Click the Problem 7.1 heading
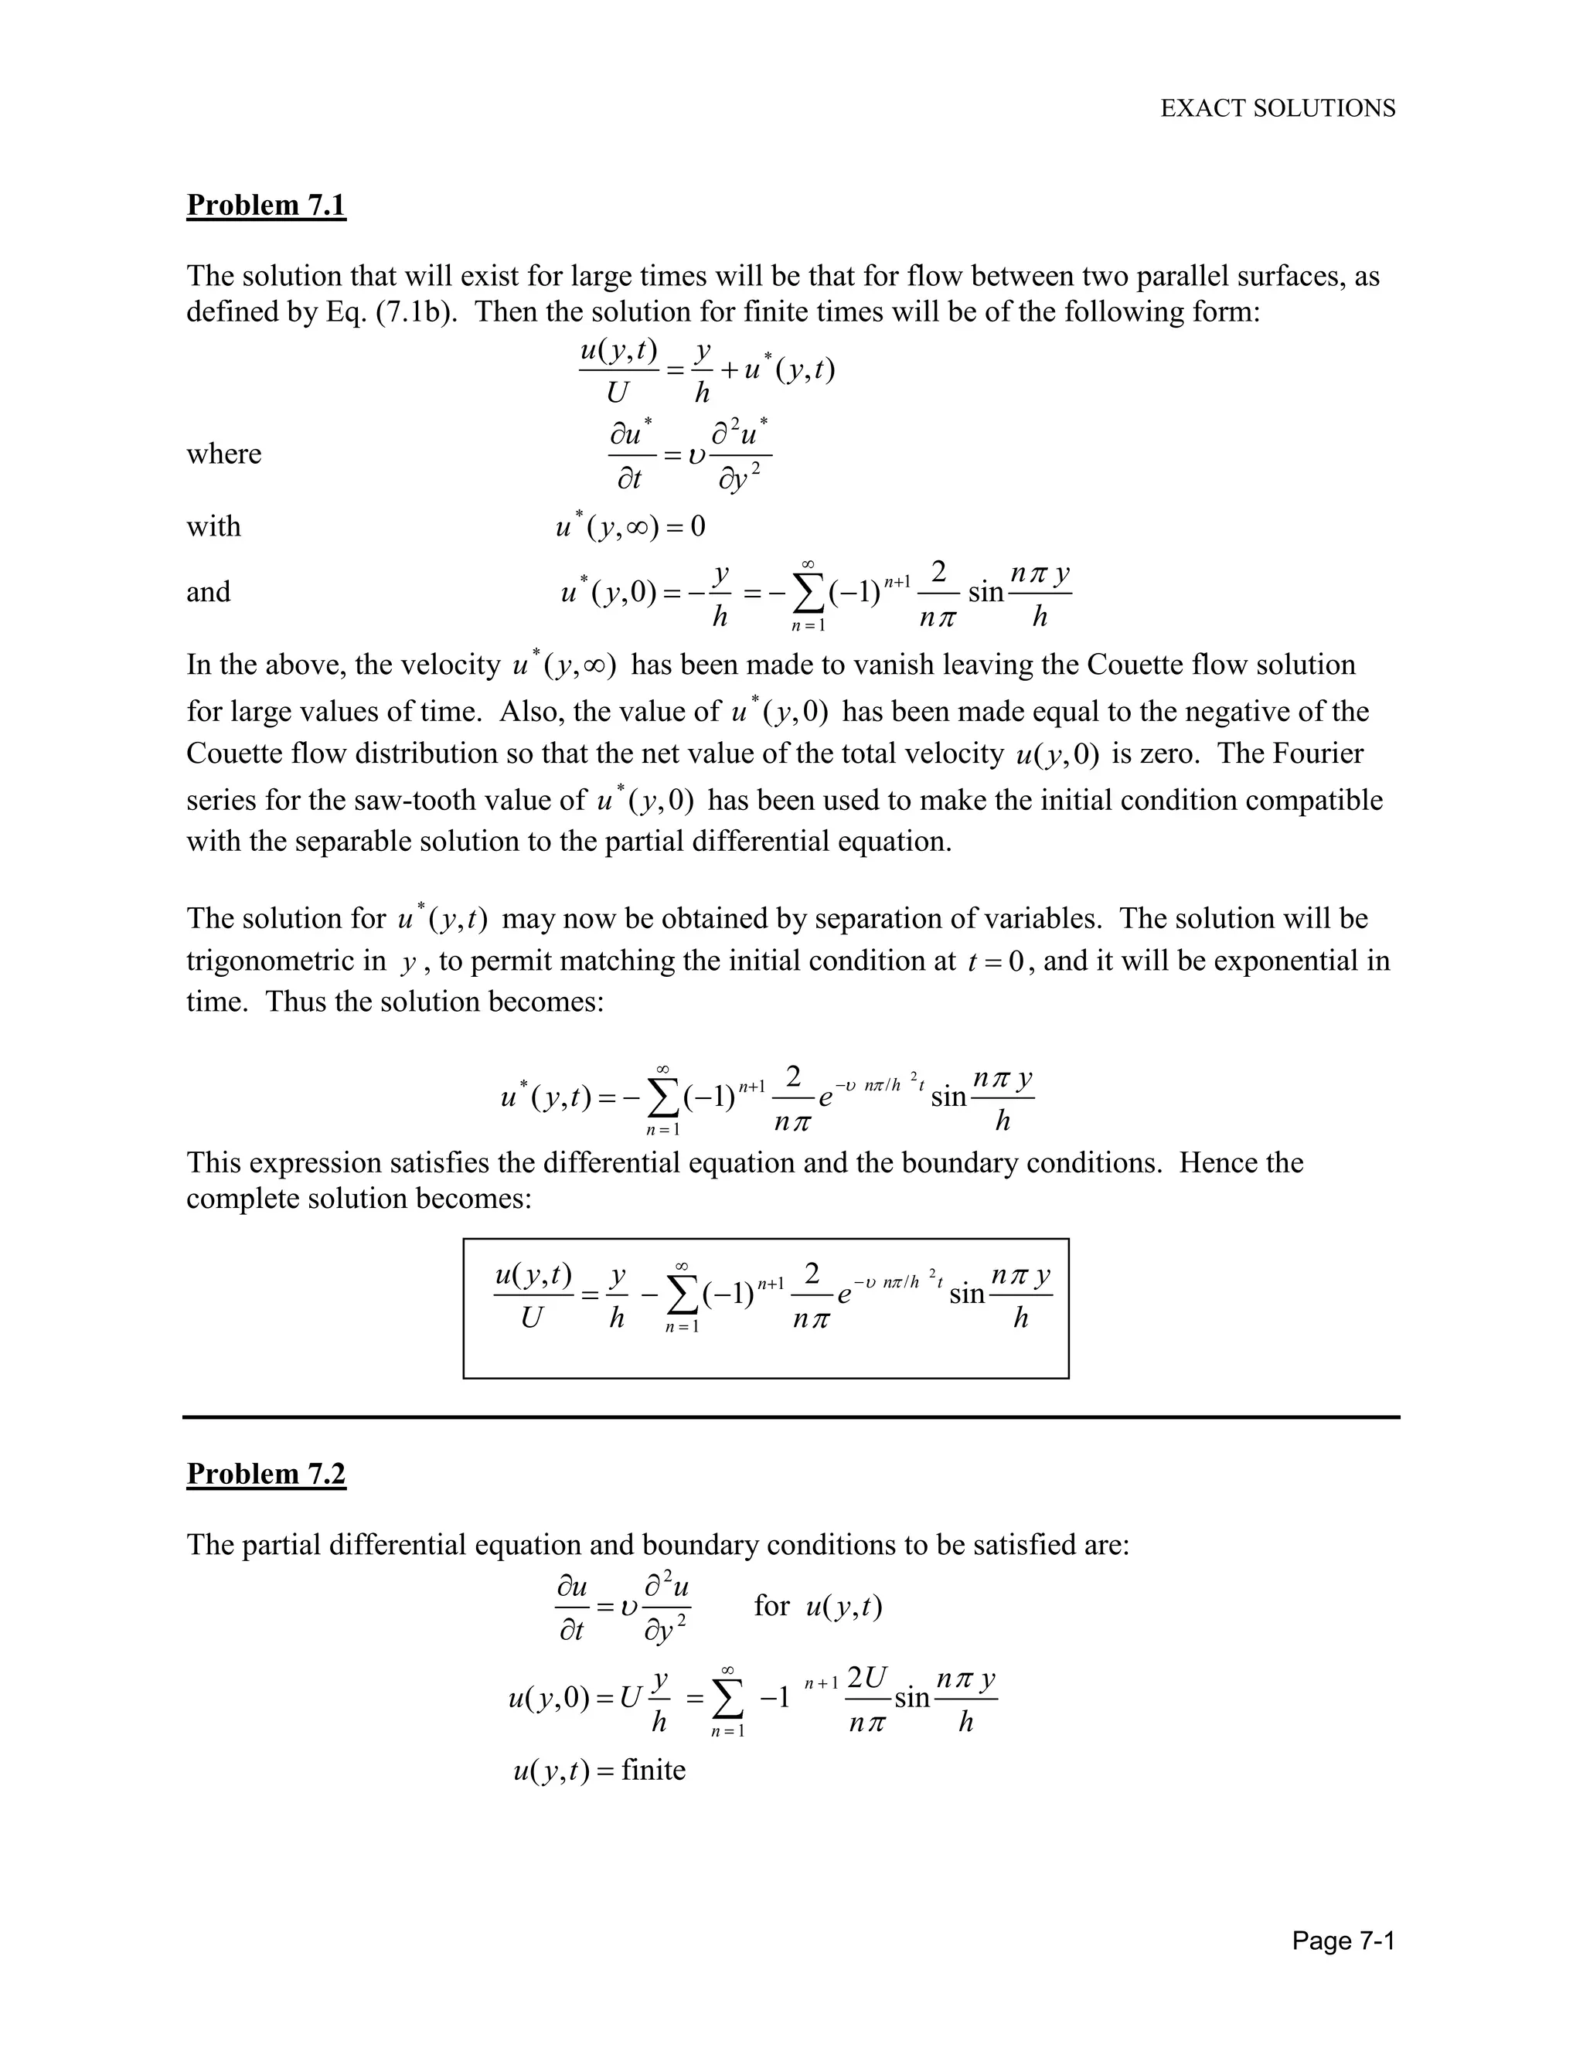(x=267, y=205)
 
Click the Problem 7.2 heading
(x=267, y=1473)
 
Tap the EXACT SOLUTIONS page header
(x=1277, y=109)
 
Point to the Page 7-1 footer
(x=1343, y=1940)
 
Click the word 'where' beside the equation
(x=223, y=454)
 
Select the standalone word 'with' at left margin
(x=214, y=527)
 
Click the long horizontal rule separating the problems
(x=791, y=1417)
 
